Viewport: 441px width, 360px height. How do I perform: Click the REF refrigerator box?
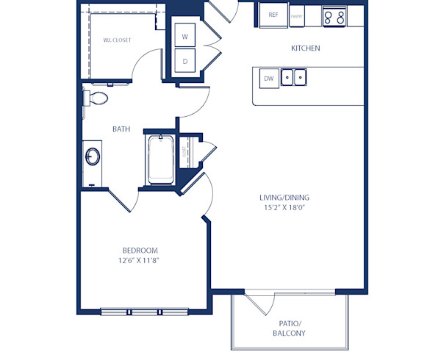tap(273, 15)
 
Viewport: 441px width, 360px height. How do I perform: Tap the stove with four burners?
tap(334, 15)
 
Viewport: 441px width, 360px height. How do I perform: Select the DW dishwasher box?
tap(269, 77)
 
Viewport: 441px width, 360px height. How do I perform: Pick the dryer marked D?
tap(184, 62)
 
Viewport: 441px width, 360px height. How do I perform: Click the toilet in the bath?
tap(96, 98)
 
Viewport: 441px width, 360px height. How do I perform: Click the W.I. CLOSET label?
tap(117, 40)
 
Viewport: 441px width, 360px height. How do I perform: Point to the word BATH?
tap(121, 129)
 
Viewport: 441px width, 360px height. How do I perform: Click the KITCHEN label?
tap(306, 48)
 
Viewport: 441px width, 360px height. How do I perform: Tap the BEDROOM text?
tap(139, 251)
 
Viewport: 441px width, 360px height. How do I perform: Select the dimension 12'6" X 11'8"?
tap(139, 261)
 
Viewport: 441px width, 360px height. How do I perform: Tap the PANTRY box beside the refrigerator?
tap(297, 15)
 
